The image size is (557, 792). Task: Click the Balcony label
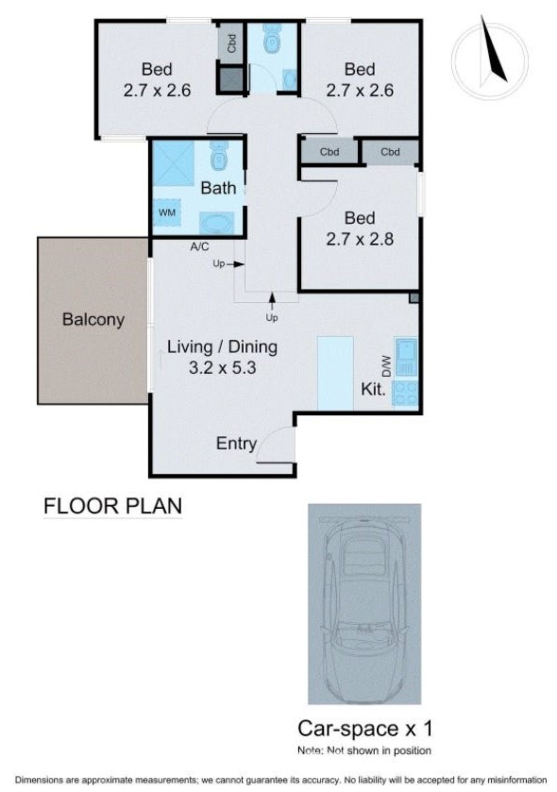93,319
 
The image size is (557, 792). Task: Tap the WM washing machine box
167,212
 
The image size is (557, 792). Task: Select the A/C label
200,247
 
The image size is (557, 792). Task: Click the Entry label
236,444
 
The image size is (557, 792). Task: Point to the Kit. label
373,389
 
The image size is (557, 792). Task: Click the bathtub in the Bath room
216,223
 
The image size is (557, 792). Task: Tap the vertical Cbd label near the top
232,43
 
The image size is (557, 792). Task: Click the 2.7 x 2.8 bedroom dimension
360,239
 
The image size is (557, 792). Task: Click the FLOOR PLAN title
113,506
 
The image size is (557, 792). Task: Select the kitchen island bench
335,373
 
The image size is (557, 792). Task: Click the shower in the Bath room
174,163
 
